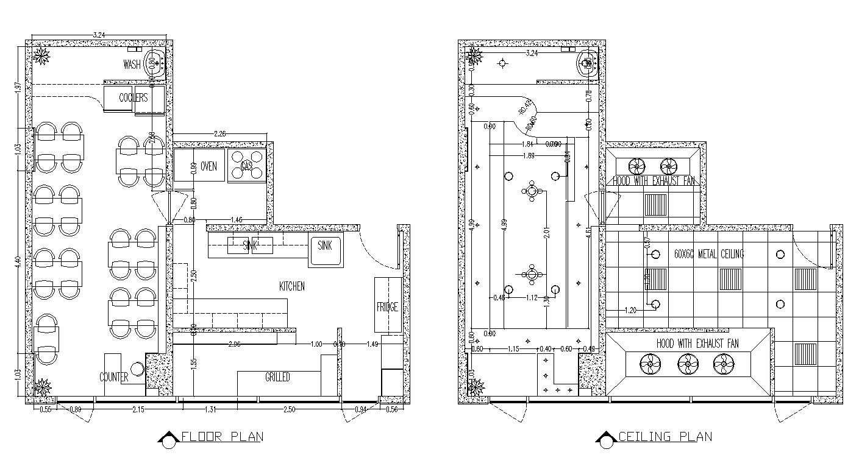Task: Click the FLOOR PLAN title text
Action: [222, 437]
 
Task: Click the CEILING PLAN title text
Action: [665, 437]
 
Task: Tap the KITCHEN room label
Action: [291, 286]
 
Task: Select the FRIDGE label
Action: [387, 308]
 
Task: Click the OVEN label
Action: [209, 166]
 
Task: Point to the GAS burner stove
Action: [247, 166]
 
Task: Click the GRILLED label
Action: [277, 378]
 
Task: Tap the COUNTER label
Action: [114, 377]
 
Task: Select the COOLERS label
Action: [134, 98]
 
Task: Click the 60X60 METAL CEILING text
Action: [709, 253]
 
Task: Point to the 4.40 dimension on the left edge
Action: [18, 262]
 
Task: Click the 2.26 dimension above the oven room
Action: [221, 133]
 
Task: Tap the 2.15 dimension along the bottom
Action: [138, 409]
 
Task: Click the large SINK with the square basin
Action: [324, 250]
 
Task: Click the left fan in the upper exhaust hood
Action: [636, 165]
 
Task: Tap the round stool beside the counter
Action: [138, 369]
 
